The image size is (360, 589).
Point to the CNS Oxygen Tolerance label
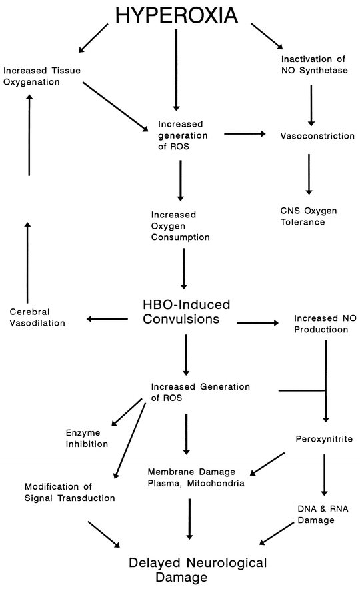(x=309, y=216)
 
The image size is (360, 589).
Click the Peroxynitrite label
(x=323, y=439)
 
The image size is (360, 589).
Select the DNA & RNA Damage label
(x=323, y=514)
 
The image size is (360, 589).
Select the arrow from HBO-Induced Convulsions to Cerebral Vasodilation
(x=107, y=319)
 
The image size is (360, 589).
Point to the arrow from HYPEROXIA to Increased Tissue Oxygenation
(x=93, y=39)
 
